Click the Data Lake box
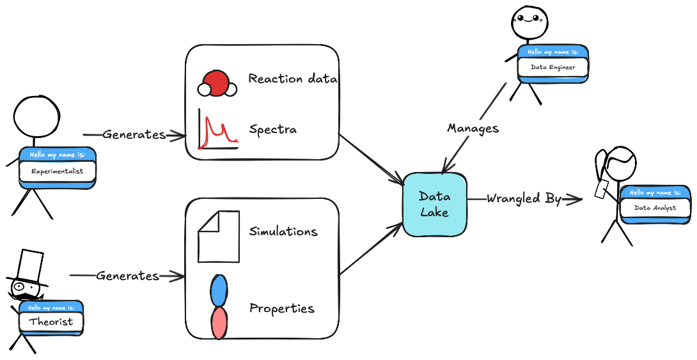[x=434, y=204]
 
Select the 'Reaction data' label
[x=293, y=79]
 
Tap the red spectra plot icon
[x=217, y=130]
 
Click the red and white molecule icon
[x=217, y=84]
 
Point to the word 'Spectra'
[x=272, y=129]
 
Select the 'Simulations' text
[x=283, y=231]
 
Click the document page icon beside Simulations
[x=219, y=237]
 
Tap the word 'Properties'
[x=282, y=308]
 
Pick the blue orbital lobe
[x=219, y=290]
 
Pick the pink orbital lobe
[x=219, y=322]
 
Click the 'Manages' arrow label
[x=473, y=129]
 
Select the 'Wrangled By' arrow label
[x=524, y=199]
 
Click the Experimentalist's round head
[x=36, y=117]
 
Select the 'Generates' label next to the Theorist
[x=127, y=276]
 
